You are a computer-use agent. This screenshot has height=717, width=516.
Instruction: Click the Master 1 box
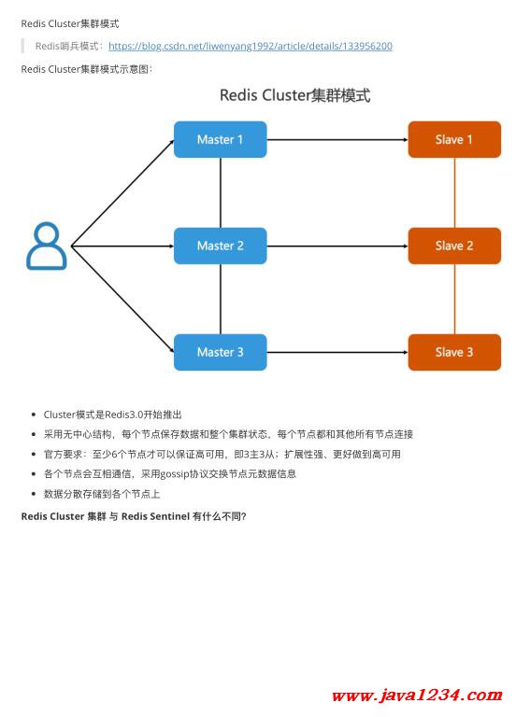(x=221, y=139)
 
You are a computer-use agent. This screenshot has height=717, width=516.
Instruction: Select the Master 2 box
(x=221, y=246)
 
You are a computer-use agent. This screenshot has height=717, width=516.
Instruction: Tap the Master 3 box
(x=221, y=352)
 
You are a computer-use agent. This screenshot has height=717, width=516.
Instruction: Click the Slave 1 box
(x=454, y=139)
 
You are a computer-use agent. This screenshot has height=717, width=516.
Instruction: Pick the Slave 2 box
(x=454, y=246)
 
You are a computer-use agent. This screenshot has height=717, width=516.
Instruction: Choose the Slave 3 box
(x=454, y=352)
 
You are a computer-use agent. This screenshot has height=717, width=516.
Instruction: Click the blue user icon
(x=46, y=246)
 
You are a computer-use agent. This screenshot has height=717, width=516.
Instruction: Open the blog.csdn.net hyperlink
(x=250, y=46)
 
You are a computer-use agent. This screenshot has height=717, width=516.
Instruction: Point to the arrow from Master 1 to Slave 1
(x=337, y=139)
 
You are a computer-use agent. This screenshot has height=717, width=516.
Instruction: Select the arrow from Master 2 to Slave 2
(x=337, y=246)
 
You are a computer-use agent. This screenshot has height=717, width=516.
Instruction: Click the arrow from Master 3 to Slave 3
(x=337, y=352)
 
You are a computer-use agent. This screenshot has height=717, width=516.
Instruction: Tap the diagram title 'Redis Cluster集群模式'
(x=294, y=95)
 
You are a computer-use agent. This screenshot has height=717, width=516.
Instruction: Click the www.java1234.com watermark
(x=417, y=696)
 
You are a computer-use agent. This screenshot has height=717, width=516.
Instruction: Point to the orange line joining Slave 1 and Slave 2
(x=454, y=192)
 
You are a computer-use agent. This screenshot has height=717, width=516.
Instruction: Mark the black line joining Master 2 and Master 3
(x=221, y=299)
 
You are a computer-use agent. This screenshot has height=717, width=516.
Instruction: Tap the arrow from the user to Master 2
(x=122, y=246)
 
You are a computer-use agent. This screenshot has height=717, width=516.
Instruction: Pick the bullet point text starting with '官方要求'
(x=222, y=454)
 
